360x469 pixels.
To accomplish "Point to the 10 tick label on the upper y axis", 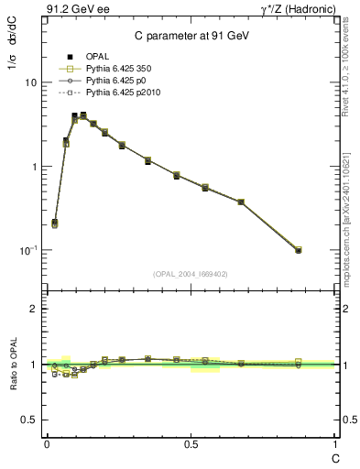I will (x=30, y=82).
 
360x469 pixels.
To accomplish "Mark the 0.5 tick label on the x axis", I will (x=191, y=442).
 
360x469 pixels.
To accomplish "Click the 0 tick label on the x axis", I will (x=46, y=442).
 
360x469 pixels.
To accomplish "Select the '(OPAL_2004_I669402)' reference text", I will (x=190, y=273).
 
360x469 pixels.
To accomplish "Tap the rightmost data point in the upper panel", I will (x=299, y=250).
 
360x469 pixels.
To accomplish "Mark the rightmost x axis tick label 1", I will (x=335, y=442).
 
